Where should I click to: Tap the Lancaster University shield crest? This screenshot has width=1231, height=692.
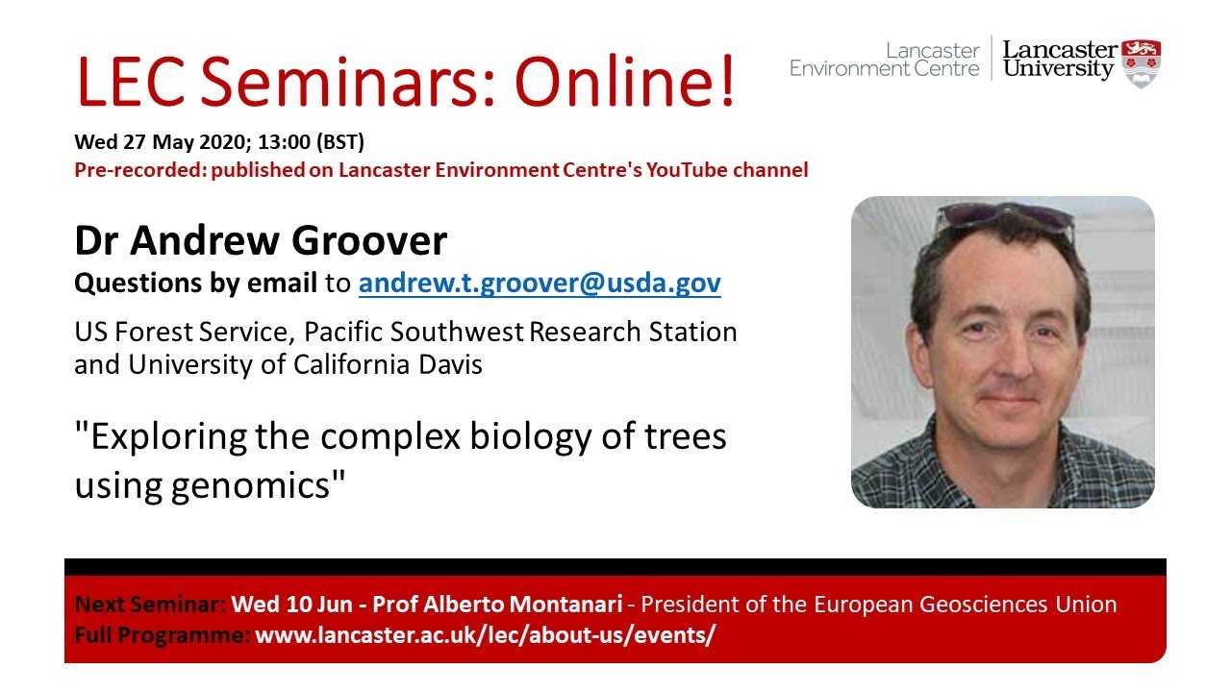pos(1143,62)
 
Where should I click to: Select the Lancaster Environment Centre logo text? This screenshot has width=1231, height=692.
pos(884,59)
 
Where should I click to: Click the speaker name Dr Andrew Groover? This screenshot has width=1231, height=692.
pos(261,240)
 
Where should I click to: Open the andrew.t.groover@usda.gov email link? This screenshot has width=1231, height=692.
pos(540,284)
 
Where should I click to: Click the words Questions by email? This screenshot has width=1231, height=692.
pos(195,284)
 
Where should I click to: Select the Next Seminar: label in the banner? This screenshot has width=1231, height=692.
pos(150,605)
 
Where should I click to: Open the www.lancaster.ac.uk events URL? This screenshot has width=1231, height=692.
pos(485,635)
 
